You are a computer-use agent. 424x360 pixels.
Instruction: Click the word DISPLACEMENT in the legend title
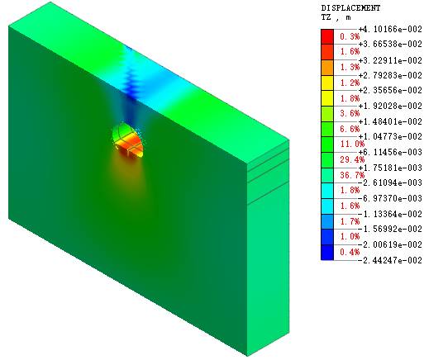(350, 8)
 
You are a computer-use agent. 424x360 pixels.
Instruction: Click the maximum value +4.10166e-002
(390, 29)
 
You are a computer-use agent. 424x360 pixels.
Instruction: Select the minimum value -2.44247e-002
(390, 260)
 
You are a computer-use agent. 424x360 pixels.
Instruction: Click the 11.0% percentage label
(352, 144)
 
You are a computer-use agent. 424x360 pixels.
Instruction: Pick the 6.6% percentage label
(350, 129)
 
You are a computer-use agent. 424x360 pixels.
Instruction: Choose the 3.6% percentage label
(350, 113)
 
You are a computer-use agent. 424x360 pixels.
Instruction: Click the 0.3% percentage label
(350, 36)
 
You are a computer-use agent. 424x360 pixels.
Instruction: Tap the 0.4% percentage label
(350, 252)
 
